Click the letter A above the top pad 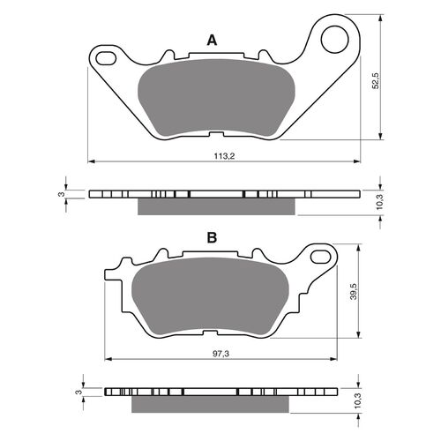click(x=211, y=40)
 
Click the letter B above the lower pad click(x=212, y=237)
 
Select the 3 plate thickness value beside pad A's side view click(x=61, y=193)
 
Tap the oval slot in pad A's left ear click(x=105, y=59)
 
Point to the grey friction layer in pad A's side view click(x=216, y=206)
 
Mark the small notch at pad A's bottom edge click(x=215, y=134)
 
